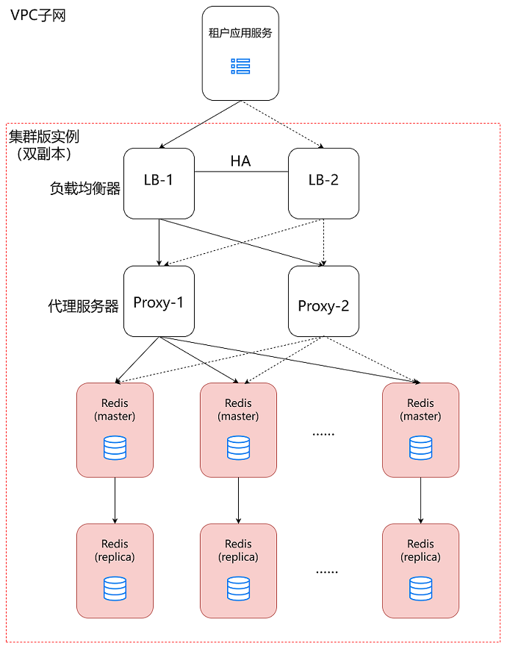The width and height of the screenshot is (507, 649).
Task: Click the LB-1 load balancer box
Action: pos(159,183)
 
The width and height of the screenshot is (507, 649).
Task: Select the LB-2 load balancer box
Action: pos(323,183)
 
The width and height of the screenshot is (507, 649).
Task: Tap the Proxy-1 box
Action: pos(159,302)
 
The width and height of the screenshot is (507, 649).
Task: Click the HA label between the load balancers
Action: pos(240,162)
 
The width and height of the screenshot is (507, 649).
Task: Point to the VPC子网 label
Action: pos(38,15)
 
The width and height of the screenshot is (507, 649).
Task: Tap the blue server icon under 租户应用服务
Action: pos(240,66)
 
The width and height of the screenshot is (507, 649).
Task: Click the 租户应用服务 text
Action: pos(240,33)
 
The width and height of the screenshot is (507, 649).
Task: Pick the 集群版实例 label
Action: pos(44,137)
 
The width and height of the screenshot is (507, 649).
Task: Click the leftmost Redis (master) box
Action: pos(115,429)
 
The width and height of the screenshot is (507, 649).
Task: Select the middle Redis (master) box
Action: pos(238,429)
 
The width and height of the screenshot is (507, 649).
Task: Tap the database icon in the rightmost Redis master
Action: pos(420,447)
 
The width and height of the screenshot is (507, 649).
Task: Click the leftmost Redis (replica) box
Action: pos(115,570)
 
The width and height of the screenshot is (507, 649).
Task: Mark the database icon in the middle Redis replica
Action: pos(238,588)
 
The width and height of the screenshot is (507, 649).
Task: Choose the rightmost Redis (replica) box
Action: pos(420,570)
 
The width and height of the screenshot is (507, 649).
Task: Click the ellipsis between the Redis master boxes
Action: pos(323,434)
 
